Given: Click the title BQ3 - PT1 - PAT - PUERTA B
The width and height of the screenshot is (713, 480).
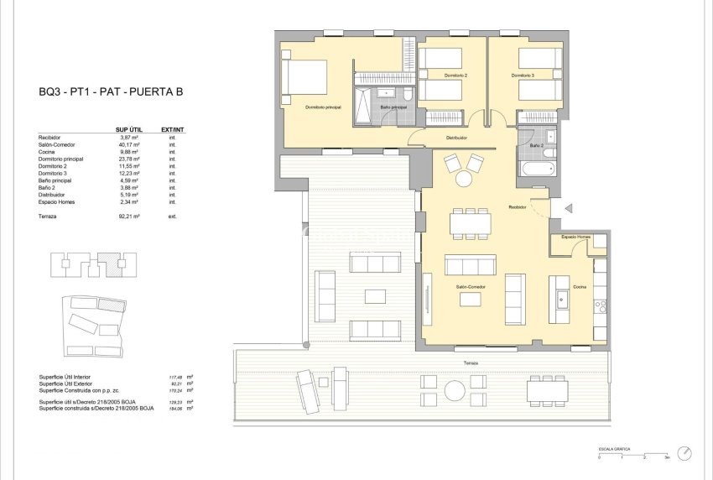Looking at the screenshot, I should [x=111, y=92].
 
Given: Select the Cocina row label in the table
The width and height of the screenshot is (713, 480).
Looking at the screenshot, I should [x=49, y=152].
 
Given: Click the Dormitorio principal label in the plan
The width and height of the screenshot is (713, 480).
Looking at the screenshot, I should [x=323, y=107].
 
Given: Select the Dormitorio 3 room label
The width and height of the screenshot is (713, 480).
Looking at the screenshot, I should [x=523, y=76].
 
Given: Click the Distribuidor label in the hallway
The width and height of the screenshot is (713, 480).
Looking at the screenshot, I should [x=456, y=138].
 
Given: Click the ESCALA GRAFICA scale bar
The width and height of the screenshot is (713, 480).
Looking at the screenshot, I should [x=632, y=453].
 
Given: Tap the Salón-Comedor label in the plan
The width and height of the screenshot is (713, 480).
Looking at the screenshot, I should [x=471, y=287].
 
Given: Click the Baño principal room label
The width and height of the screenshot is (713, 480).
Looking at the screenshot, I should [x=393, y=107].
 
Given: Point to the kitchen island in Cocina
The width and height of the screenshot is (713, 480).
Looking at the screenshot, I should [x=559, y=298].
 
